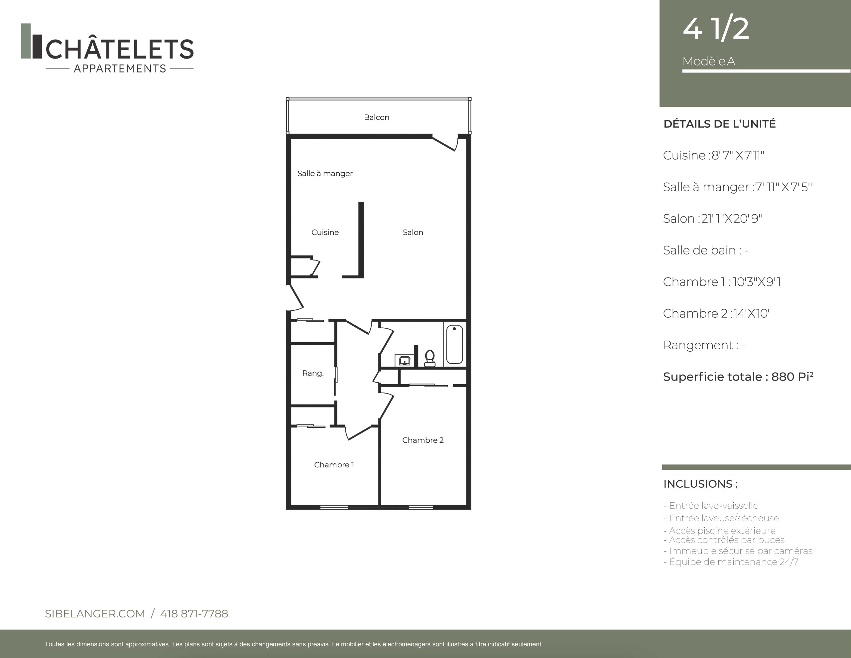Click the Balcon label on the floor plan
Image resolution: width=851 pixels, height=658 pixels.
click(x=376, y=117)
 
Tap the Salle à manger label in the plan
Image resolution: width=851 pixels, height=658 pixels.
click(x=325, y=174)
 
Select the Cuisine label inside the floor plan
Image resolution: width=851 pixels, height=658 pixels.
click(x=325, y=233)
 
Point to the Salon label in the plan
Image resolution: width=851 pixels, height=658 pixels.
click(x=413, y=233)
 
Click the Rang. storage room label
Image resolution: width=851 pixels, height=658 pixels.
click(x=313, y=373)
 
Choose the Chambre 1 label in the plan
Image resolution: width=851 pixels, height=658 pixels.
click(x=334, y=464)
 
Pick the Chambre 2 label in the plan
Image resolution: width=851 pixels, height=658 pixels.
click(x=423, y=440)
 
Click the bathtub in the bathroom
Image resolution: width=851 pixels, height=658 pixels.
click(x=454, y=344)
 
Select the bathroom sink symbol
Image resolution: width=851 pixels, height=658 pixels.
click(x=405, y=360)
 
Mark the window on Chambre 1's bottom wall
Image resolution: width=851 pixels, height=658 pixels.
click(x=334, y=507)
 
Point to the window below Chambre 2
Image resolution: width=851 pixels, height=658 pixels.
click(x=421, y=507)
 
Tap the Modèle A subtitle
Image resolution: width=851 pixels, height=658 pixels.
click(x=709, y=61)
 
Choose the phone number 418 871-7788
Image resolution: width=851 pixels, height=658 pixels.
click(x=194, y=613)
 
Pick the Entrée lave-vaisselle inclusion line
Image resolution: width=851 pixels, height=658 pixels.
click(x=711, y=506)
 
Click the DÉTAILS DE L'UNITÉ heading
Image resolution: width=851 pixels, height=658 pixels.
click(x=719, y=124)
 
